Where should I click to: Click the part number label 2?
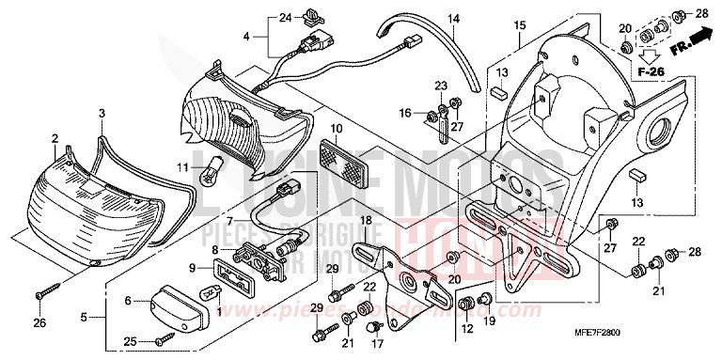click(55, 139)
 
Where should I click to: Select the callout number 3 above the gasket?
click(101, 114)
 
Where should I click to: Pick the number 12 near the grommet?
click(463, 329)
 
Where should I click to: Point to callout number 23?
click(438, 85)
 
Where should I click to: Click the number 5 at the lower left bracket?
click(85, 318)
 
